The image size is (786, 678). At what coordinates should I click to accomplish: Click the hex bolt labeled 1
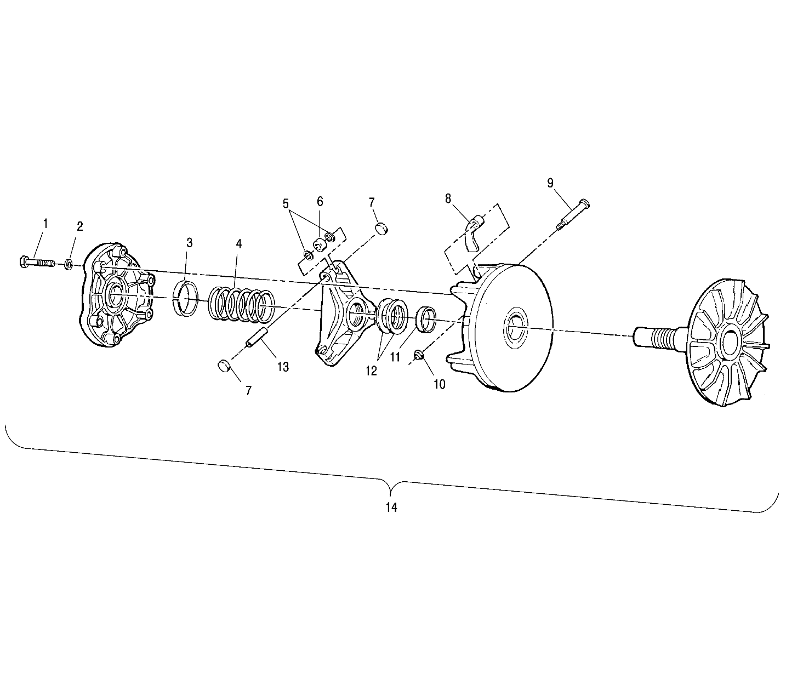tap(36, 263)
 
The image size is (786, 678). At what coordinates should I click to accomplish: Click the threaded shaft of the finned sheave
tap(658, 334)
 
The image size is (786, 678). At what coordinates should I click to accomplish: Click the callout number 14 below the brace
tap(391, 508)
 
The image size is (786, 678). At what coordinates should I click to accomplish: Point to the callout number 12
tap(371, 371)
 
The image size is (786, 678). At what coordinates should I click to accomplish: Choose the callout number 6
tap(320, 201)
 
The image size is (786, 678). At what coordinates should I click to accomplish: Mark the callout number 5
tap(286, 204)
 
